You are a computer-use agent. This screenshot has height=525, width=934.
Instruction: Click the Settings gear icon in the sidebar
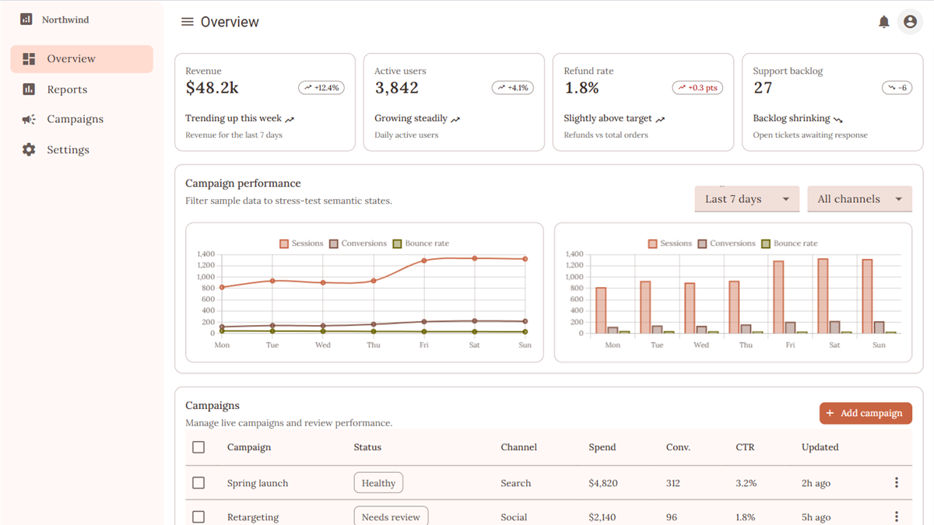[x=29, y=149]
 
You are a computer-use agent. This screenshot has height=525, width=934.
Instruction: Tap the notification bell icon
[x=883, y=22]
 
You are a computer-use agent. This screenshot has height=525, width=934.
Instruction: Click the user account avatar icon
[x=910, y=22]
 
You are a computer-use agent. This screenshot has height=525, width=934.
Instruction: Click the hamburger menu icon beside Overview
[x=188, y=22]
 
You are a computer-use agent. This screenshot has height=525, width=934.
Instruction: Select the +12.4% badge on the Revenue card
[x=321, y=87]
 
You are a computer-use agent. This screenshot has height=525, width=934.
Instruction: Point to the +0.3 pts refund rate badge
[x=697, y=87]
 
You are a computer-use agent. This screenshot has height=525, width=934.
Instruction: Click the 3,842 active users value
[x=396, y=87]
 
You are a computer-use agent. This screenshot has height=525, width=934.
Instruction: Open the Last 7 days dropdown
[x=746, y=199]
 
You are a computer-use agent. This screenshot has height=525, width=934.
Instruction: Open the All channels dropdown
[x=859, y=199]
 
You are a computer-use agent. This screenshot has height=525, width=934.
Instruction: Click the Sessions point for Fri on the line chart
[x=423, y=261]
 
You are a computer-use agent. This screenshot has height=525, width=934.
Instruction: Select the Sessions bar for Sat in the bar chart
[x=823, y=296]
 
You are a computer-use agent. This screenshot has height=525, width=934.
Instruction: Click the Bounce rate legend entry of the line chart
[x=421, y=243]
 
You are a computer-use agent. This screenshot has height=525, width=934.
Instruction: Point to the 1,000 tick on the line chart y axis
[x=205, y=277]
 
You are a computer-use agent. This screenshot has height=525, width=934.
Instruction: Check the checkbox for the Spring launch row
[x=198, y=483]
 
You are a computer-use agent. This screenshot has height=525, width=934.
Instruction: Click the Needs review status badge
[x=391, y=516]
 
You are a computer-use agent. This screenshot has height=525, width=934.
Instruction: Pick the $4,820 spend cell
[x=603, y=483]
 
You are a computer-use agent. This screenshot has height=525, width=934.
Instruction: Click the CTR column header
[x=745, y=447]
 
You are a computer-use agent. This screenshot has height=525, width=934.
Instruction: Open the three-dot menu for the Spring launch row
[x=897, y=482]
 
